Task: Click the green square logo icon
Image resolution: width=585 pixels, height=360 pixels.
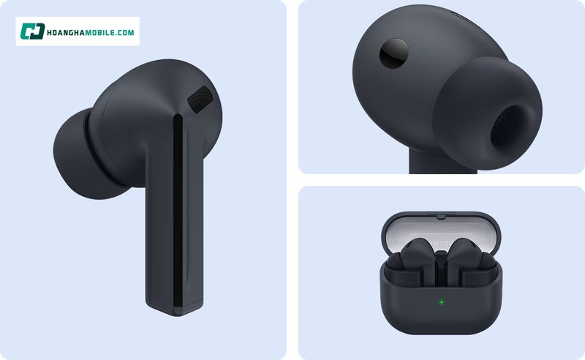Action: (x=32, y=31)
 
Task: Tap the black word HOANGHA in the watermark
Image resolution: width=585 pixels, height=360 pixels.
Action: (x=69, y=32)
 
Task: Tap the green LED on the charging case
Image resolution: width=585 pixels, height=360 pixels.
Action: (x=441, y=301)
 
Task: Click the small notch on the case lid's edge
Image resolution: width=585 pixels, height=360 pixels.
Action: (x=440, y=217)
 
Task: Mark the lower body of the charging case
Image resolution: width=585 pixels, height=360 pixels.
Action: (x=440, y=315)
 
